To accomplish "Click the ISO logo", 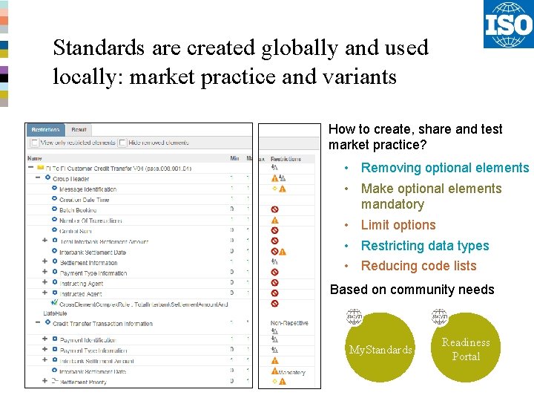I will coord(508,25).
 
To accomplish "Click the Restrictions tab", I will coord(46,130).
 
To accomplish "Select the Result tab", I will coord(79,130).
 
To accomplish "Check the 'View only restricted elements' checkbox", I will coord(34,143).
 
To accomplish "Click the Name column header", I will coord(35,158).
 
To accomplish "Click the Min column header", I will coord(234,158).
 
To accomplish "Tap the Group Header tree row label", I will coord(70,179).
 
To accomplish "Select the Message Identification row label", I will coord(88,189).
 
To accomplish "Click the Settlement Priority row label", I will coord(83,382).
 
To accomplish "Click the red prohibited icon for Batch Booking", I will coord(274,210).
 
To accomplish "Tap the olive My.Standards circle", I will coord(380,348).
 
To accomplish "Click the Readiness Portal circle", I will coord(466,348).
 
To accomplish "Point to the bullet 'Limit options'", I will coord(398,225).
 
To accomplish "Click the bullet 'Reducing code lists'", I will coord(418,266).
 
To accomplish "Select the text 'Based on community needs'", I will coord(412,290).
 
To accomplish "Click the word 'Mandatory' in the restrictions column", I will coord(291,372).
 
